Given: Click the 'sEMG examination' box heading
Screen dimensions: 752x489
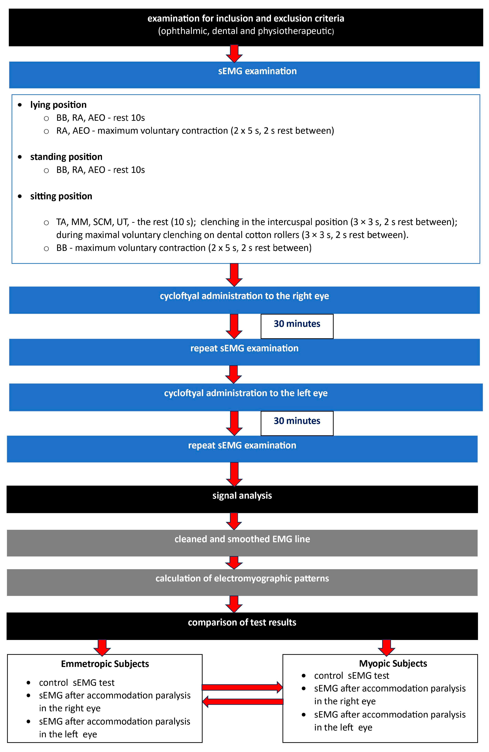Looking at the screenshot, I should click(257, 71).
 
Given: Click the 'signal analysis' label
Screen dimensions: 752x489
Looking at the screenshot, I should click(242, 496).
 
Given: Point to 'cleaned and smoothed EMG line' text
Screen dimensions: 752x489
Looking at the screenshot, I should click(242, 539).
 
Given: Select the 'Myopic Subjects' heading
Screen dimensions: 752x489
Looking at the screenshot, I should click(393, 663).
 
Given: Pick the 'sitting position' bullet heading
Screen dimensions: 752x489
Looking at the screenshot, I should click(61, 196).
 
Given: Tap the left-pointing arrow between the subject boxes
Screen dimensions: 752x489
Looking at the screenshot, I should click(243, 702).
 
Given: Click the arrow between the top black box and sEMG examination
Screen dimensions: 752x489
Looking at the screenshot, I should click(234, 54).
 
